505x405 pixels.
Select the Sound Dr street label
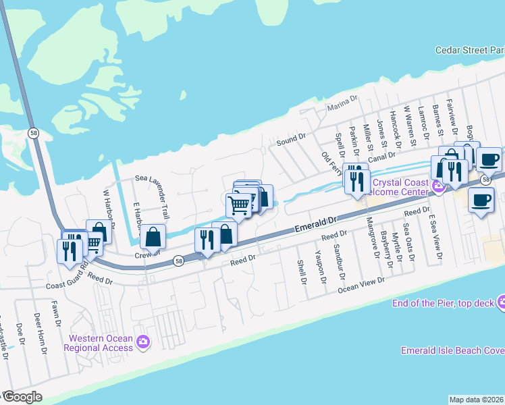coord(291,140)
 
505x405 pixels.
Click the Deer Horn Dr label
coord(41,332)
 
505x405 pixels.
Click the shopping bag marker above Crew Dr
coord(153,238)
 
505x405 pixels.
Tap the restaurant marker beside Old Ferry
coord(355,180)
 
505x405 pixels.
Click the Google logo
coord(22,397)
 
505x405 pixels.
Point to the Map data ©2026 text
coord(477,400)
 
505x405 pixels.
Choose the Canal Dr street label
coord(381,157)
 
